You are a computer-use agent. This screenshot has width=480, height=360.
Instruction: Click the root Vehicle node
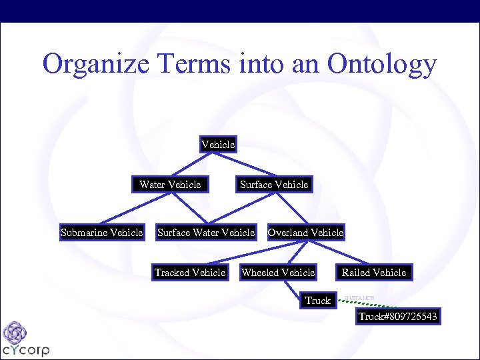click(218, 144)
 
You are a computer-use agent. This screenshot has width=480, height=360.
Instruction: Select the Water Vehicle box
click(170, 184)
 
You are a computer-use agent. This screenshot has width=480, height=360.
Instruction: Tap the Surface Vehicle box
click(274, 184)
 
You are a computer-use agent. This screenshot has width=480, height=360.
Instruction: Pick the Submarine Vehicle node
click(101, 233)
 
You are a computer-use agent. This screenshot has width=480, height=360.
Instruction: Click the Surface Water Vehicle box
click(206, 233)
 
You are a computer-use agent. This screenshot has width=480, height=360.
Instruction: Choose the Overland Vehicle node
click(305, 233)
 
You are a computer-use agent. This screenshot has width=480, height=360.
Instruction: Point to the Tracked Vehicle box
click(190, 272)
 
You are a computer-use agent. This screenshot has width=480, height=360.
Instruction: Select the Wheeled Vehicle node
click(278, 272)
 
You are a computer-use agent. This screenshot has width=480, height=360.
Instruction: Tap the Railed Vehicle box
click(374, 272)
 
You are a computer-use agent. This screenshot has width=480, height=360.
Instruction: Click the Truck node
click(318, 301)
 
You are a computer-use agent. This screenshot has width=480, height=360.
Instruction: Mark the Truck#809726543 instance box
click(398, 316)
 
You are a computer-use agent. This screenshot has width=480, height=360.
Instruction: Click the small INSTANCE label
click(359, 297)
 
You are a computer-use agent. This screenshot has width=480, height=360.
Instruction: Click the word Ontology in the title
click(382, 65)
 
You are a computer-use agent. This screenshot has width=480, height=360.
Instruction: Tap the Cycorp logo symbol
click(14, 333)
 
